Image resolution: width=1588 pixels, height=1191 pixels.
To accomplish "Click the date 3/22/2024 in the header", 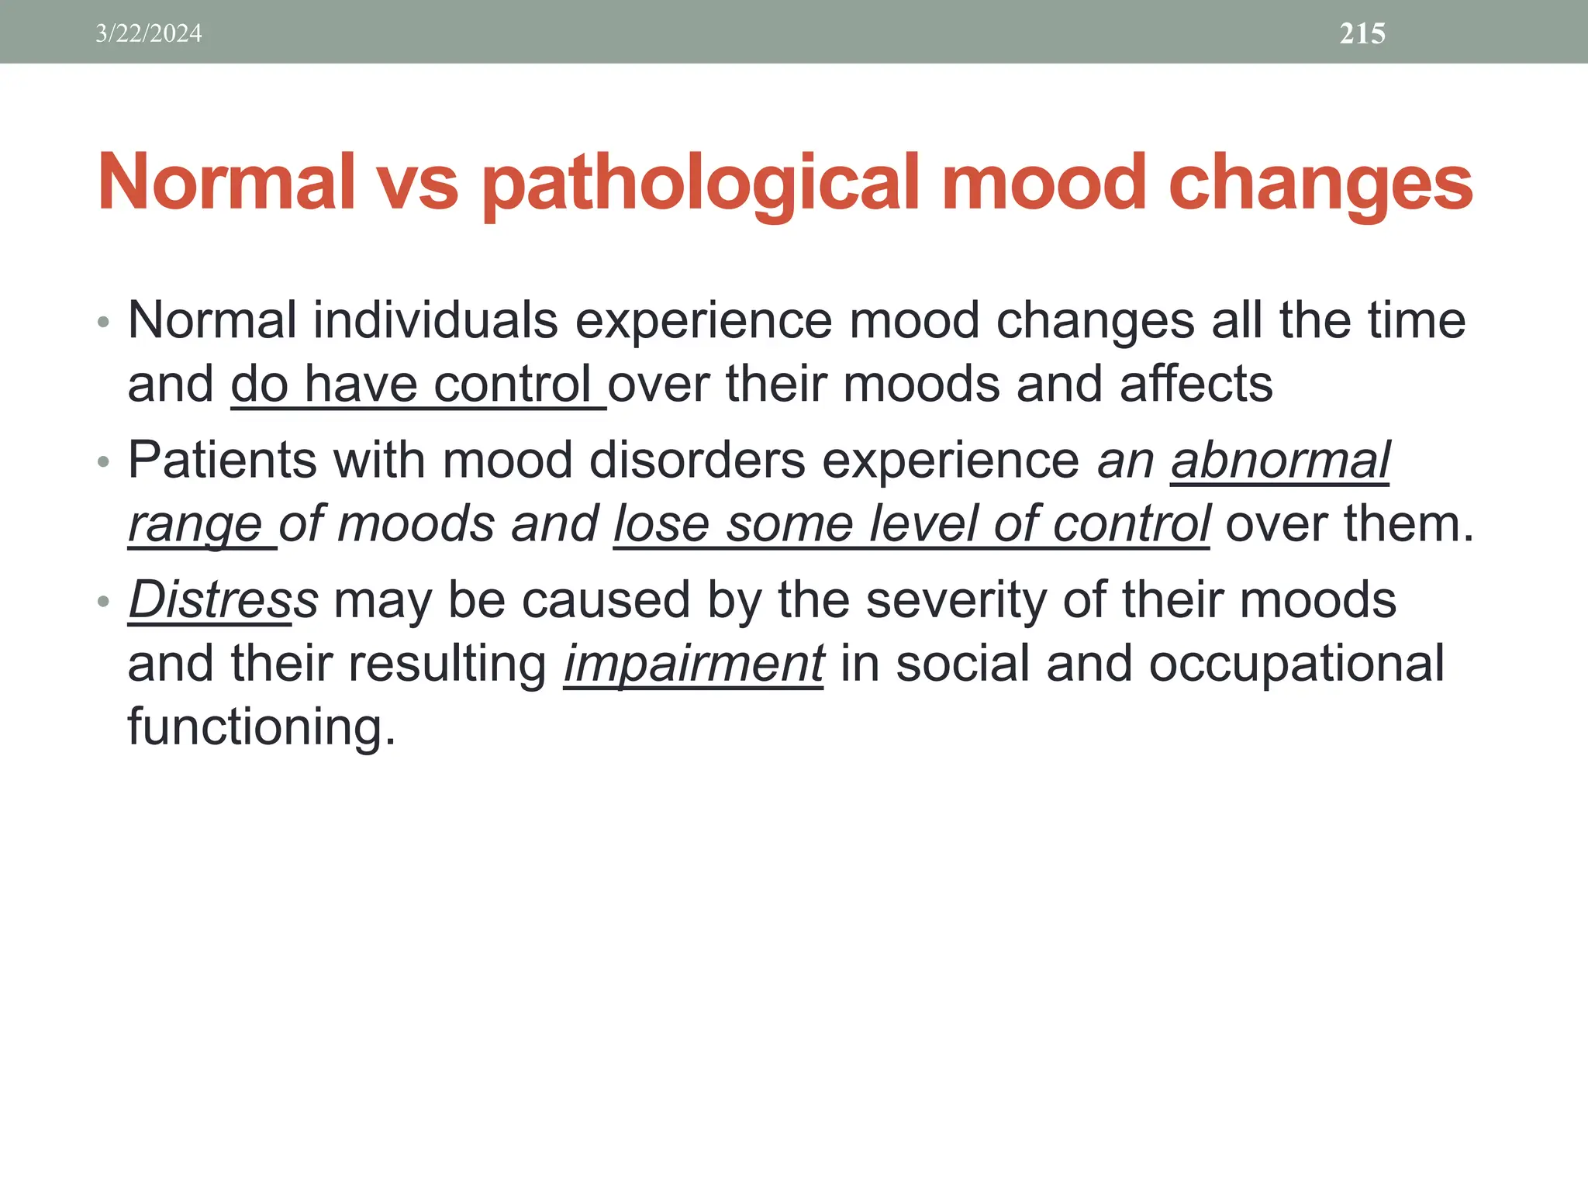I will [x=148, y=33].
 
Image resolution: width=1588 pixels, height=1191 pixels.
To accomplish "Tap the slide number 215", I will [x=1362, y=33].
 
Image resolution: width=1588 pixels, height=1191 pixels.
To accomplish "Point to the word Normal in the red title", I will [x=226, y=184].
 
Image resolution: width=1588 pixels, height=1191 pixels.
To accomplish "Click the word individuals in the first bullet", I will [x=435, y=320].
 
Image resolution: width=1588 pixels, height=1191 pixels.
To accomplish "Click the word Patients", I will [x=223, y=461].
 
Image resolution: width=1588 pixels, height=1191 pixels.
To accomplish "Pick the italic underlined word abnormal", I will [x=1279, y=461].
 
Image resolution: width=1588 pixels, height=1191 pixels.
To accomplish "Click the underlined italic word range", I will [x=195, y=525].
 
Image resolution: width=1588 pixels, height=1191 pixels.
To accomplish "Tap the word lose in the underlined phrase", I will [x=661, y=525].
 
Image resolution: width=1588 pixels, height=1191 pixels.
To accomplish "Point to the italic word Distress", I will [x=223, y=600].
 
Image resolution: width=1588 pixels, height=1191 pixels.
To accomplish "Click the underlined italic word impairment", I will [x=693, y=665].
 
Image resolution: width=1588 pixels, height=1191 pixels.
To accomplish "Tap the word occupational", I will [x=1296, y=665].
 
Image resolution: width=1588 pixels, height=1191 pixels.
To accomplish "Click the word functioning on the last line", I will [x=261, y=727].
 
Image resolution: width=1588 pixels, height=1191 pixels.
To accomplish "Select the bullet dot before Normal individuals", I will [x=104, y=322].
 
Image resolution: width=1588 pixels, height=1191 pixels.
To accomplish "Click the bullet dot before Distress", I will [x=104, y=602].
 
